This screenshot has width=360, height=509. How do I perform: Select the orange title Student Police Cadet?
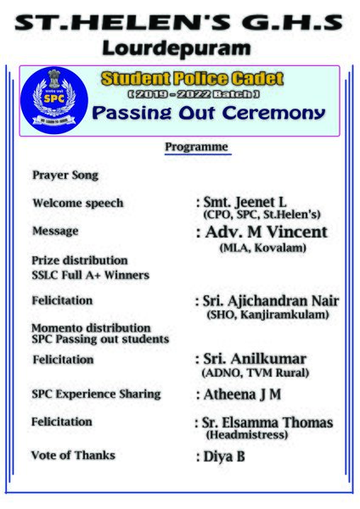(x=192, y=79)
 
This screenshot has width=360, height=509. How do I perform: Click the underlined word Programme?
(x=196, y=148)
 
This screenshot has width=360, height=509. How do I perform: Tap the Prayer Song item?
(x=65, y=176)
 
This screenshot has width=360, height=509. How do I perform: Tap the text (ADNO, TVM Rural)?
(x=255, y=373)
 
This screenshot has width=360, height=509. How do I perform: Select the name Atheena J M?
(x=241, y=394)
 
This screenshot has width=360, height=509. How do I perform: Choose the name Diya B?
(x=223, y=456)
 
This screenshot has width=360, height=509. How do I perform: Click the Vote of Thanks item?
(x=73, y=456)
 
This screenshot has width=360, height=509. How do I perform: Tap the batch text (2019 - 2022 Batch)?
(x=193, y=92)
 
